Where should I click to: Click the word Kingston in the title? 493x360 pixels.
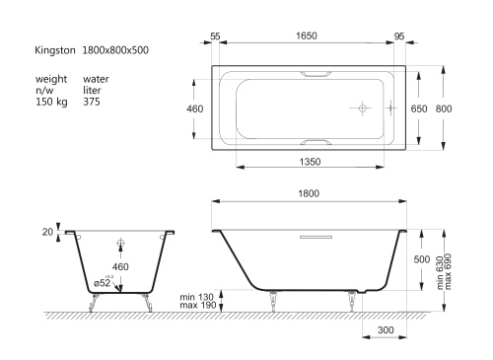point(55,50)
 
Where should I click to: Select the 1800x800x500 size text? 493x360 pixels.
point(115,50)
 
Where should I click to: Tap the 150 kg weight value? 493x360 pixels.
point(51,102)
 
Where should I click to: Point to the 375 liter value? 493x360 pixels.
point(92,102)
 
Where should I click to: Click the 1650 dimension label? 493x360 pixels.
point(307,36)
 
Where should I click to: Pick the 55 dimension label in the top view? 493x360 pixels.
point(215,36)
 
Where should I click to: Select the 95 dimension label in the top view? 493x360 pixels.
point(399,36)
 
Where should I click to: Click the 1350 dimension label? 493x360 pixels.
point(310,162)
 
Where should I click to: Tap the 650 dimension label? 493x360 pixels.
point(419,108)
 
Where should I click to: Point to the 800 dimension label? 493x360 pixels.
point(444,108)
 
